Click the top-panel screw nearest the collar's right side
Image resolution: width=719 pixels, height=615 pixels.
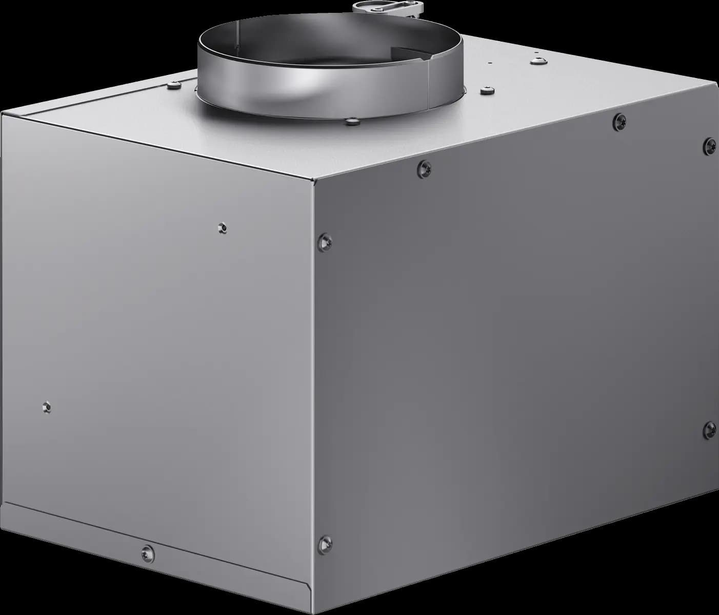point(485,91)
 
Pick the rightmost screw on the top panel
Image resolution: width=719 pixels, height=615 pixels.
point(538,61)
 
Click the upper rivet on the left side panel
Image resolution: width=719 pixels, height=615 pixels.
point(222,227)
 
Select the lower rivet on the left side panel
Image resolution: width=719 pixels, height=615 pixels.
point(47,408)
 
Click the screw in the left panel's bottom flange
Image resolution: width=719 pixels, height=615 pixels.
point(147,552)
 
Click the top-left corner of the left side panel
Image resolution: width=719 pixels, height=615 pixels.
point(2,115)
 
